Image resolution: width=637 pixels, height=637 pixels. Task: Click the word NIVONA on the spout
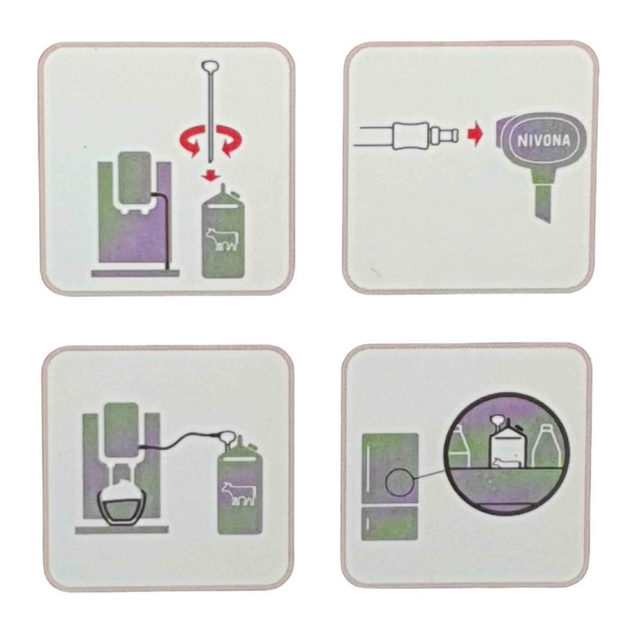pyautogui.click(x=544, y=141)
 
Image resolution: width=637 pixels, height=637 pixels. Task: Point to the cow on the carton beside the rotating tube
pyautogui.click(x=222, y=239)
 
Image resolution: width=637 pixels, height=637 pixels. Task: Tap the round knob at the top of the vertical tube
pyautogui.click(x=208, y=65)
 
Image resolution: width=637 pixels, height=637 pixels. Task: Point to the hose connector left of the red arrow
pyautogui.click(x=424, y=136)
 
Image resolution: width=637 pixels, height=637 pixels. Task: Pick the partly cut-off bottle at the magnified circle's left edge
pyautogui.click(x=458, y=447)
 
